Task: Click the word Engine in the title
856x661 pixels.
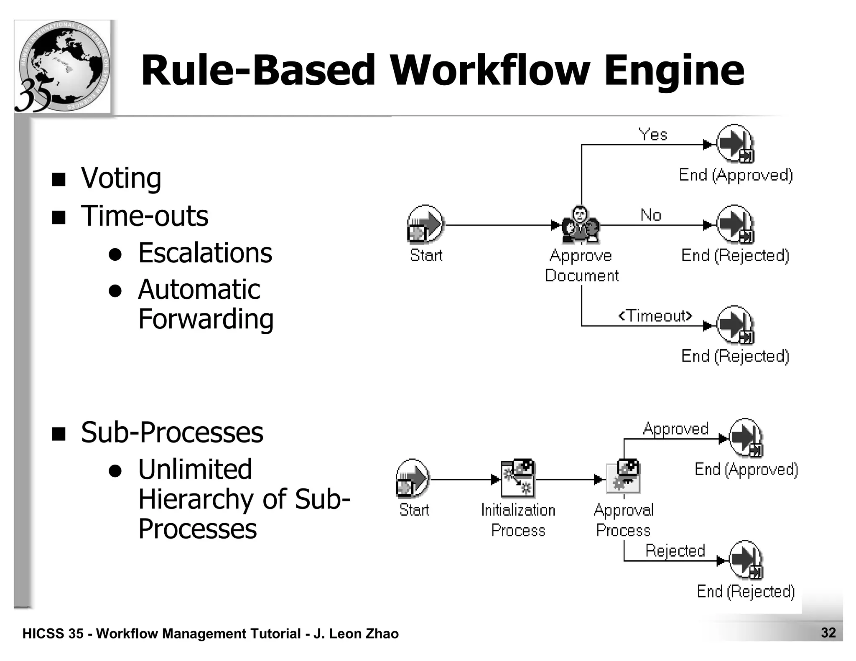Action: (674, 71)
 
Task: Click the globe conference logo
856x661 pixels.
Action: (63, 67)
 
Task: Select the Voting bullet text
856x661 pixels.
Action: (121, 178)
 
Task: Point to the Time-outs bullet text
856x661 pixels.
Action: (144, 216)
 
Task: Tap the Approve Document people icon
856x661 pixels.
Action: (580, 225)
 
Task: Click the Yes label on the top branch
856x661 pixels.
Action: (653, 135)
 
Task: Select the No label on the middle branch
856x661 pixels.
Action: (651, 215)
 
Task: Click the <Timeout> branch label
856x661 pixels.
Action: (655, 315)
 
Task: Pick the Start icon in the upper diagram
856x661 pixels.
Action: (425, 224)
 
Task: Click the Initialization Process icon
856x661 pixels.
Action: (518, 479)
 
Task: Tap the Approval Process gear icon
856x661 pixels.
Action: (623, 479)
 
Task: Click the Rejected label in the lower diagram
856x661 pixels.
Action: (675, 551)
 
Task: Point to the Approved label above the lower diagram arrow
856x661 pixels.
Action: (675, 429)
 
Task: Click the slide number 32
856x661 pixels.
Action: (828, 633)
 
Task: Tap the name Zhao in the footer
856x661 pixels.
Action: (382, 634)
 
